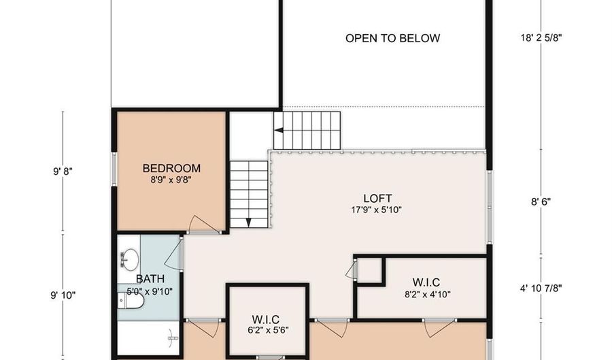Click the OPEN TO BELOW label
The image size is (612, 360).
(392, 38)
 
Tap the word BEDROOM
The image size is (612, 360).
(171, 168)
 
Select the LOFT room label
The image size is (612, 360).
(377, 198)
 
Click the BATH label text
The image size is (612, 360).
(150, 279)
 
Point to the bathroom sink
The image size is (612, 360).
(130, 259)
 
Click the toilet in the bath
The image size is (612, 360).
(131, 301)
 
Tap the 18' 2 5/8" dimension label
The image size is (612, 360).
(541, 38)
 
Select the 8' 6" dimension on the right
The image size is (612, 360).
(541, 202)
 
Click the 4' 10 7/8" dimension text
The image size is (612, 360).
(541, 288)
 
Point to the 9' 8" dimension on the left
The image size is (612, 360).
(63, 171)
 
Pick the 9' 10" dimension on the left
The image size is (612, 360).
(63, 295)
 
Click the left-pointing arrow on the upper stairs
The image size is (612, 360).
(279, 131)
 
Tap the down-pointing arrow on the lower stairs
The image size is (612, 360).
(249, 223)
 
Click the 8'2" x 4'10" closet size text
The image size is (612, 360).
(428, 294)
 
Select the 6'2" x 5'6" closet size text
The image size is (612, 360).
(268, 330)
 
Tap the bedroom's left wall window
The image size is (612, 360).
(114, 169)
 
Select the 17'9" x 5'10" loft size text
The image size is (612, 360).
(376, 210)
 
